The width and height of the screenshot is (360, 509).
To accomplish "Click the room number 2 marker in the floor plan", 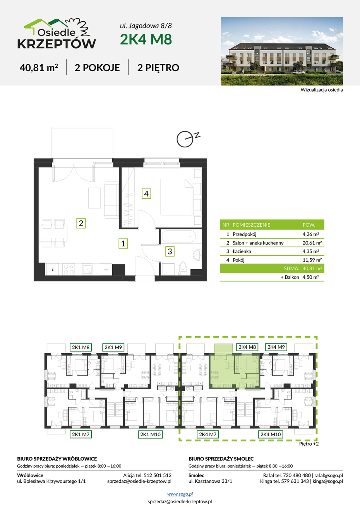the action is point(81,223).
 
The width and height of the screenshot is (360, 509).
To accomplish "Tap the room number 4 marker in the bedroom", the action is point(146,194).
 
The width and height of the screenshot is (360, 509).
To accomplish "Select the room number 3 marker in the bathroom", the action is point(170,251).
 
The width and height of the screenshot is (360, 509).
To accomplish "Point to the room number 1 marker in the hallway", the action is point(123,243).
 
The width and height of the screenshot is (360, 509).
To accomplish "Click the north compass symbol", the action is point(187,138).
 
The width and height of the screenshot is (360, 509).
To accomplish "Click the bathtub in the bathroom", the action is point(178,236).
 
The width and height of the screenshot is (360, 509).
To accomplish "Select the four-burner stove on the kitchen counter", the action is point(69,269).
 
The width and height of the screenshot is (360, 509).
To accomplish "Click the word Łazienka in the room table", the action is point(242,251).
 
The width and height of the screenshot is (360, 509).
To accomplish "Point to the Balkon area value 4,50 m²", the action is point(311,277).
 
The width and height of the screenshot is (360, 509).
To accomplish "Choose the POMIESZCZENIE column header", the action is point(251,225).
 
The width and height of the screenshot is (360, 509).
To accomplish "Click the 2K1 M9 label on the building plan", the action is point(113,347).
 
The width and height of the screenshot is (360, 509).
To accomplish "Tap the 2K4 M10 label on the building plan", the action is point(271,434).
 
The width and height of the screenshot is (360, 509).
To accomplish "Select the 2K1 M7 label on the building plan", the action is point(81,434).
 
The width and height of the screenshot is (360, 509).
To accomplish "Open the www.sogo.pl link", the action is point(180,494).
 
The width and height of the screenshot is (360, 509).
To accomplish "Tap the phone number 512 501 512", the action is point(158,475).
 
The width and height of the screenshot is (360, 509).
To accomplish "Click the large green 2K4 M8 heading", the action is point(146,39).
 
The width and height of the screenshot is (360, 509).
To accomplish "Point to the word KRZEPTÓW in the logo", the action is point(57,44).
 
